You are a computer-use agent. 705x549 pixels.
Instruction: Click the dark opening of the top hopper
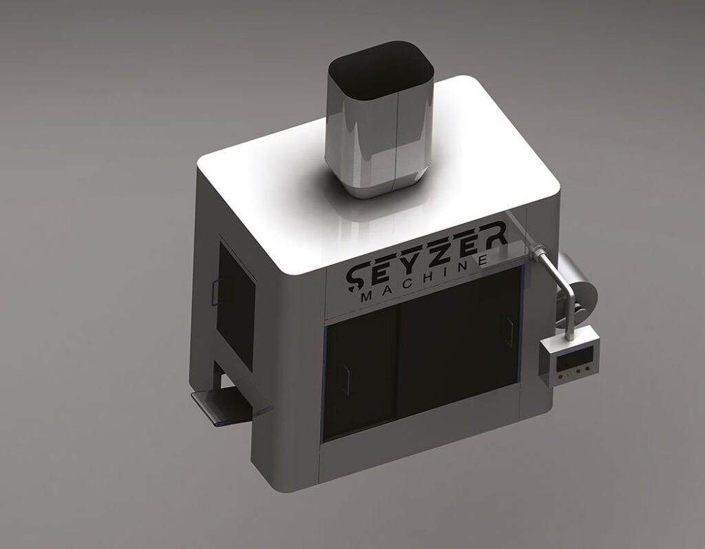coord(381,72)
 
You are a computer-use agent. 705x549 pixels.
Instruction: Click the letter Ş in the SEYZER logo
coord(359,276)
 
